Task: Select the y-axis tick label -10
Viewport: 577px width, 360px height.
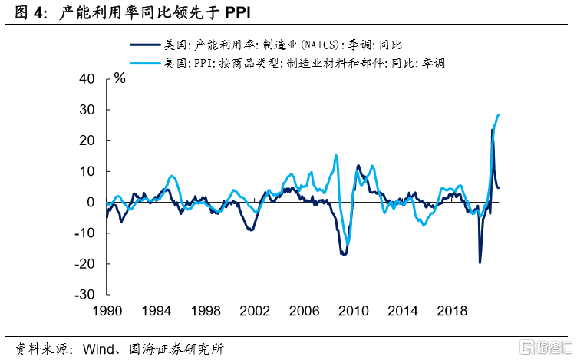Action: [86, 233]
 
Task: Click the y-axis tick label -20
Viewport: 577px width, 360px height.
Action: [86, 263]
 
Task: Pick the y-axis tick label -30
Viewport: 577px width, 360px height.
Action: [86, 294]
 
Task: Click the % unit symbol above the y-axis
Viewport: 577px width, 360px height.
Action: [120, 78]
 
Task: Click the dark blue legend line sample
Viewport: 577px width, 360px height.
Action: [147, 45]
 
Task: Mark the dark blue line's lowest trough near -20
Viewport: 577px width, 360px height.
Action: [480, 263]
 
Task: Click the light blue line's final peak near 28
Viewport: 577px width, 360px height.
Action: [498, 115]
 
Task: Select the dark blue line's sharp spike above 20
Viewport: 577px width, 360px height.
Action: [492, 130]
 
